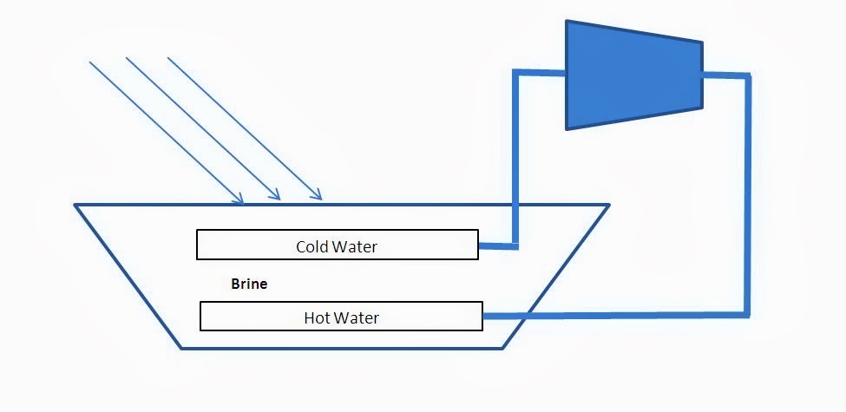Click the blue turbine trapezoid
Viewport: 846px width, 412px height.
click(633, 75)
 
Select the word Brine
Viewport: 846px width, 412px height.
click(249, 284)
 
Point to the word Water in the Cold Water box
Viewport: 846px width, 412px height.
click(355, 246)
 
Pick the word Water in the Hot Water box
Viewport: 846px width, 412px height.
click(357, 317)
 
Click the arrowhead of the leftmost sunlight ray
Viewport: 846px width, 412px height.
click(239, 201)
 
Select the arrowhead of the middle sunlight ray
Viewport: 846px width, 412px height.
click(278, 199)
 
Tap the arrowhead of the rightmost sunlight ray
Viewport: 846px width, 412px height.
click(319, 197)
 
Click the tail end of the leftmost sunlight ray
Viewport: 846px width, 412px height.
click(90, 62)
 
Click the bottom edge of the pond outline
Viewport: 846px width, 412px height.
click(342, 348)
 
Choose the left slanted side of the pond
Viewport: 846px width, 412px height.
click(128, 277)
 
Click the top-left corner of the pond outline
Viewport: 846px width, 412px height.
click(76, 206)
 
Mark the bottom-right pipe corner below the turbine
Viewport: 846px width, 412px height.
click(746, 314)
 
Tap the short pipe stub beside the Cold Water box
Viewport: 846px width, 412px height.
click(496, 245)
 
